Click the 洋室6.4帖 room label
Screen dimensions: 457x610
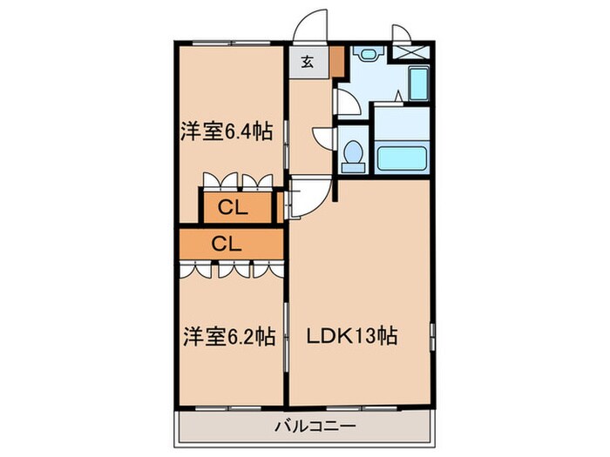[x=227, y=132]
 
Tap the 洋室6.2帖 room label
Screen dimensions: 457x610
[x=228, y=336]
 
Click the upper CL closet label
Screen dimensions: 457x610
[x=232, y=208]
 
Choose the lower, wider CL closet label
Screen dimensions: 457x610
[x=226, y=244]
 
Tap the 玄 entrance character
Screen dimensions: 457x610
[x=308, y=63]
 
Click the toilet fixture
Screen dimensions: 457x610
[x=354, y=154]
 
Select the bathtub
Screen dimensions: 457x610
[x=400, y=158]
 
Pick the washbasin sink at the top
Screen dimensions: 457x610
[x=366, y=54]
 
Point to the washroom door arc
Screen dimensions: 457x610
[x=345, y=103]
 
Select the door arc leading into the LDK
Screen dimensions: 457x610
[x=307, y=193]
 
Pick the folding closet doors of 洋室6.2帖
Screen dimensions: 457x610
[x=232, y=269]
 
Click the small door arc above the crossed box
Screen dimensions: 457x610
[x=404, y=31]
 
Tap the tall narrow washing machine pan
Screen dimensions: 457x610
[x=417, y=86]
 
